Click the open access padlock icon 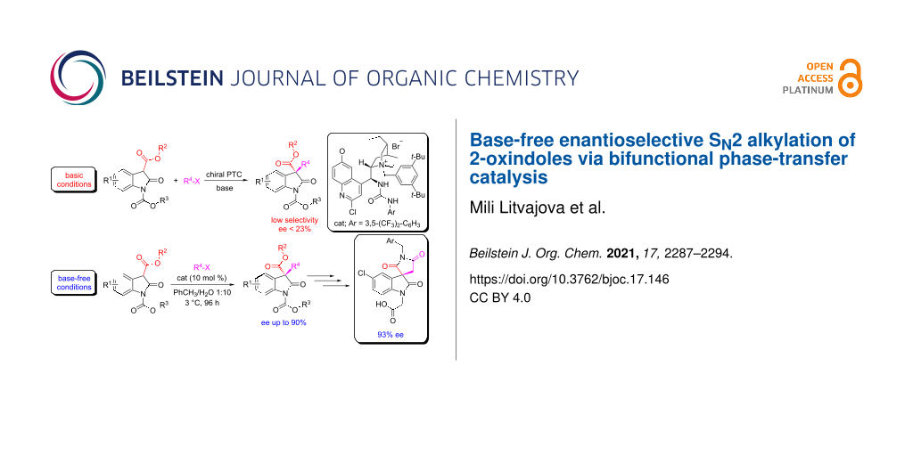[x=851, y=77]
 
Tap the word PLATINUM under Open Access [x=808, y=90]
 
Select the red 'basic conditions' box [x=72, y=179]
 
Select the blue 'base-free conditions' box [x=72, y=281]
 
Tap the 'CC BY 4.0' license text [x=500, y=298]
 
